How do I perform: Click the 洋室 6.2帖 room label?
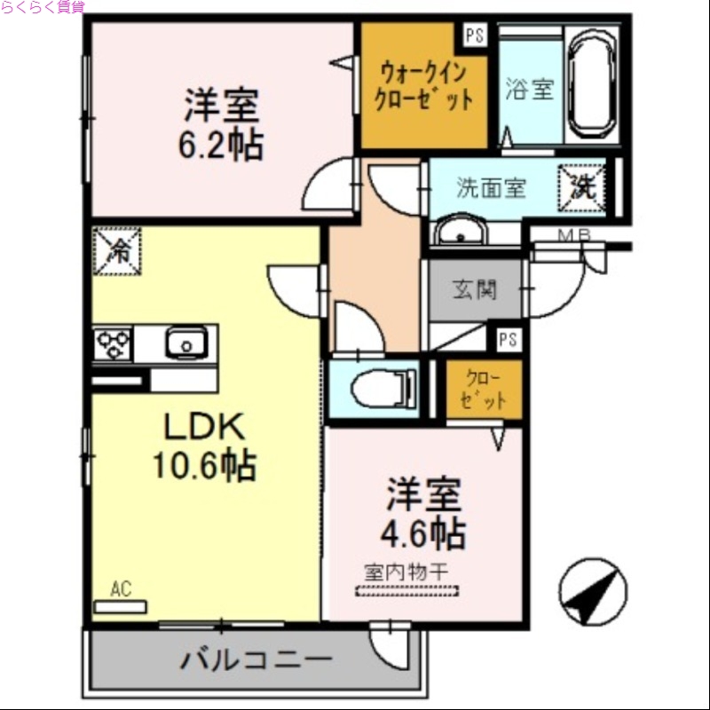point(222,125)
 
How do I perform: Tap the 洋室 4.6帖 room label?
point(423,514)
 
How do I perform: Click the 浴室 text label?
point(530,90)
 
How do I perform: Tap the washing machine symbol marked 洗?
point(581,187)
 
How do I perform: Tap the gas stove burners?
point(114,343)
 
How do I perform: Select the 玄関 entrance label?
point(475,289)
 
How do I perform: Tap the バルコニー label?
point(256,660)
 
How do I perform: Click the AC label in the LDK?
point(122,588)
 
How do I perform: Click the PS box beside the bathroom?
point(474,36)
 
